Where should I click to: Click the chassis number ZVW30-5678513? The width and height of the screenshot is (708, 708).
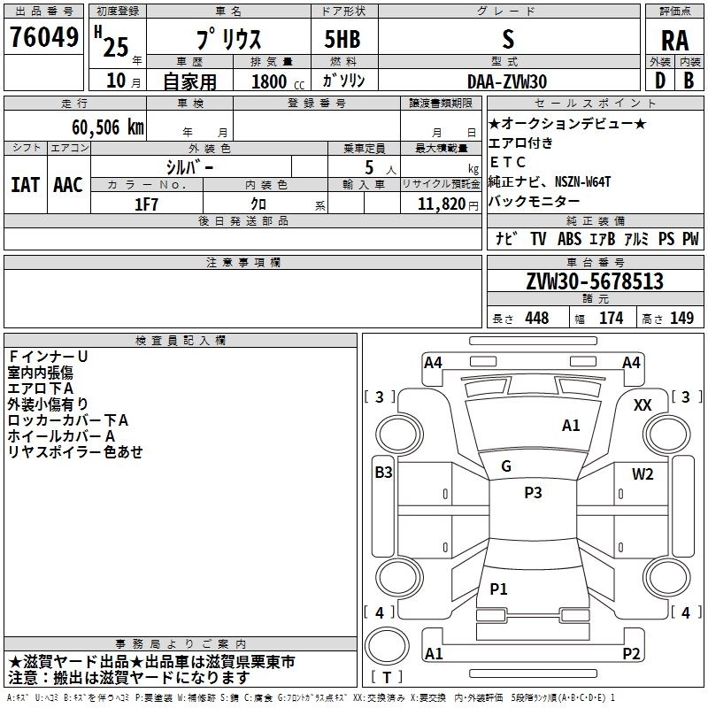594,281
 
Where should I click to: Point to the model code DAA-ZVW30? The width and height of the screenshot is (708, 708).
507,81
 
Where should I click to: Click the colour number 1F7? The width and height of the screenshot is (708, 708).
147,204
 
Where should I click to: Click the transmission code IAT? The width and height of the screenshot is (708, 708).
26,184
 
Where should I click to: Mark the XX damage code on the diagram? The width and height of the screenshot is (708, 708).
643,404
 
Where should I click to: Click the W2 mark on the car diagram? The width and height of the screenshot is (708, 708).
643,473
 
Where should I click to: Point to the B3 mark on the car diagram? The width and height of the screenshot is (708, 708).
383,473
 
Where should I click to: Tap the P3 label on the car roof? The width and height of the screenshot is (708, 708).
533,493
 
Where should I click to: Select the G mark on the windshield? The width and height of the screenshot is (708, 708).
506,466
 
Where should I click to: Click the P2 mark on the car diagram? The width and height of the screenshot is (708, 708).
631,654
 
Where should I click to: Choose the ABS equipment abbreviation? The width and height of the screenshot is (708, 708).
569,239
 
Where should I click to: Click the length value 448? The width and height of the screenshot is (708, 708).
536,319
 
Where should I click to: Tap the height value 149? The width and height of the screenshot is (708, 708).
681,319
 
